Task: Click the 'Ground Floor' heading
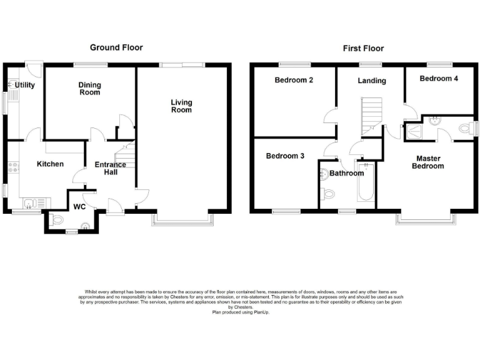[116, 47]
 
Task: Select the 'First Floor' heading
[363, 48]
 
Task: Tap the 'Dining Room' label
[89, 89]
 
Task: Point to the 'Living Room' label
[182, 106]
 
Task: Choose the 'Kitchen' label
[50, 164]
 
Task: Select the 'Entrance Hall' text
[110, 169]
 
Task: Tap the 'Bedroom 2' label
[293, 80]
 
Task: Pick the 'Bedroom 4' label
[438, 79]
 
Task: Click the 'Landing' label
[372, 81]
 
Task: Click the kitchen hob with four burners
[12, 168]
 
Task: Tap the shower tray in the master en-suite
[413, 130]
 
